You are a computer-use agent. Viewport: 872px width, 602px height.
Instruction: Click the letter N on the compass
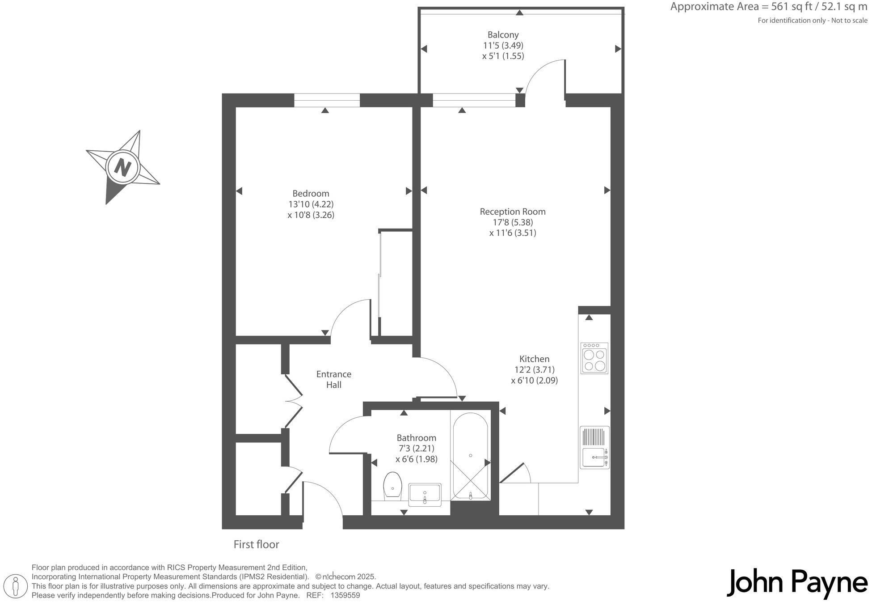point(122,167)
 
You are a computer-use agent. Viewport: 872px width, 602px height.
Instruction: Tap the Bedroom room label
point(311,194)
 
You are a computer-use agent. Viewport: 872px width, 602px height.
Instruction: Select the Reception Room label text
point(512,212)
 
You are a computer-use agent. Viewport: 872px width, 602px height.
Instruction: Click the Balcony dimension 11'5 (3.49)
point(503,45)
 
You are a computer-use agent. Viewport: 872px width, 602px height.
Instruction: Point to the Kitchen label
point(534,359)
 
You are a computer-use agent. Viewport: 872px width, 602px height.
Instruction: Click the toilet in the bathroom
point(392,486)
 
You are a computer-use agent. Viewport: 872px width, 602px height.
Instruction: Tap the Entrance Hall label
point(333,379)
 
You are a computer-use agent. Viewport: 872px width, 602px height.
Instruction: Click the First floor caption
point(256,544)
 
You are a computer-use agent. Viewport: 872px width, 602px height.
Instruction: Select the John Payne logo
point(797,583)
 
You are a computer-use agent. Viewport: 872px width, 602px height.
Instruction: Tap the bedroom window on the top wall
point(327,100)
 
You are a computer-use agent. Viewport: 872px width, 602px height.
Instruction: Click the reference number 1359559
point(345,595)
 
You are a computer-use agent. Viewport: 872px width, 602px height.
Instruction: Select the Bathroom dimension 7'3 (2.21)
point(416,448)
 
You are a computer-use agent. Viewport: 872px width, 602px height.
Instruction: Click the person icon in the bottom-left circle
point(17,586)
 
